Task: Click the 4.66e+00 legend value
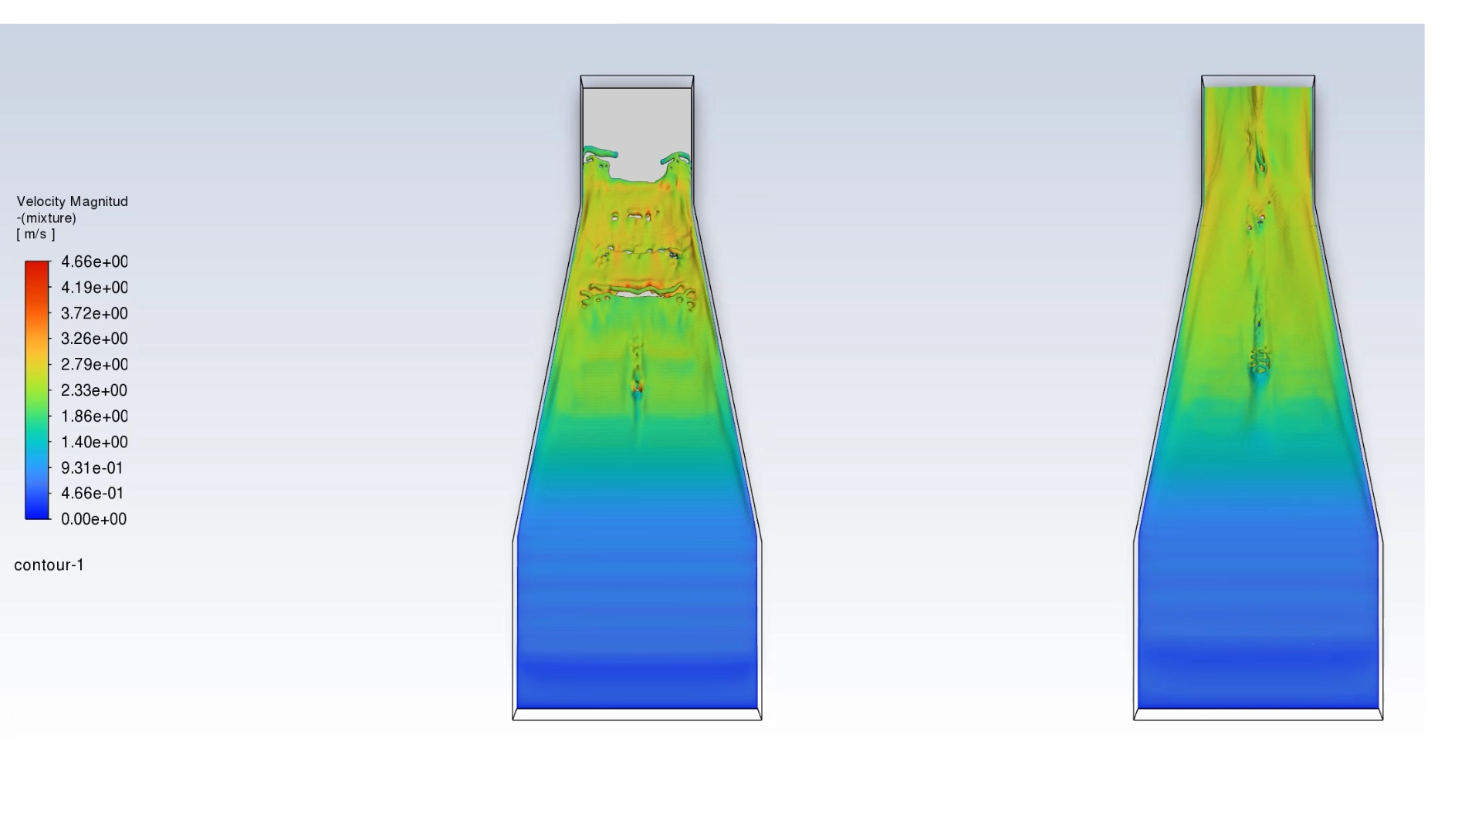[x=94, y=261]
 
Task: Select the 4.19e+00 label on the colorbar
[x=94, y=288]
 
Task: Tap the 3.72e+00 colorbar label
[x=94, y=313]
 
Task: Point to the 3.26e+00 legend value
[x=94, y=339]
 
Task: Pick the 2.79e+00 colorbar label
[x=94, y=364]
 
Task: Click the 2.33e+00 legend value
[x=94, y=390]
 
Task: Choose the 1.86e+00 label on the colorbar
[x=94, y=416]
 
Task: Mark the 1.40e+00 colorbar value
[x=94, y=442]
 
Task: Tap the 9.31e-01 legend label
[x=92, y=468]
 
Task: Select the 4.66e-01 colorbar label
[x=92, y=493]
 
